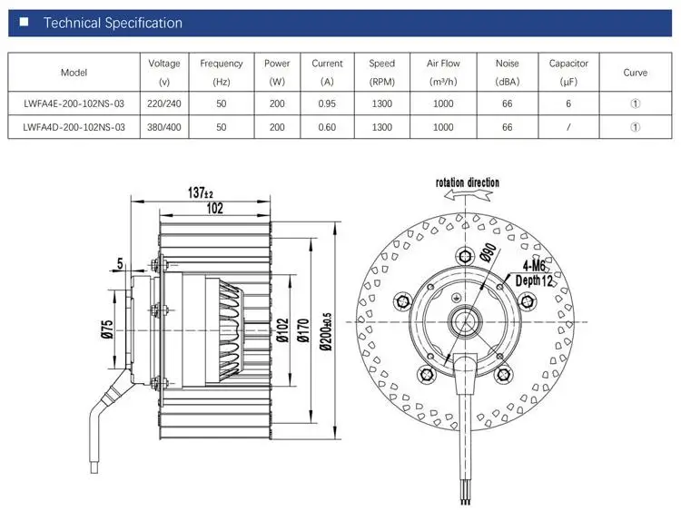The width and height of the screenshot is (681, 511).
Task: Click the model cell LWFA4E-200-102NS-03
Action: click(74, 103)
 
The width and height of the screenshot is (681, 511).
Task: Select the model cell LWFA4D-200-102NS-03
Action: click(74, 127)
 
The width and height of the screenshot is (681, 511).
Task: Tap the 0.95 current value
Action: click(327, 103)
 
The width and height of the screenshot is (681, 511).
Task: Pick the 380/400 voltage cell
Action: click(164, 127)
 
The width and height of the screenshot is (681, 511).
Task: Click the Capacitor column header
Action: click(568, 72)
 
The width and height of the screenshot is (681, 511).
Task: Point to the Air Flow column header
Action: click(443, 72)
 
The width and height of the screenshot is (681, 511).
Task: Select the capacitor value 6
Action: click(568, 103)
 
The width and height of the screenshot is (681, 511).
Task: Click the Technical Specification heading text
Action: click(113, 23)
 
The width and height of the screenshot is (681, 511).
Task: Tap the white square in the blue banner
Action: click(25, 22)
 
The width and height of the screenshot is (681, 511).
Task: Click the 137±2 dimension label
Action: click(201, 192)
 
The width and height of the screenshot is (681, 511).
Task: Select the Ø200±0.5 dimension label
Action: click(325, 331)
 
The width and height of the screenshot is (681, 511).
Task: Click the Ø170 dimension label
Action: click(303, 330)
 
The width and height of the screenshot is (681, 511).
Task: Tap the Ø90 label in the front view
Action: click(489, 252)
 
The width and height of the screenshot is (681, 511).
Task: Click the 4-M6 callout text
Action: click(534, 265)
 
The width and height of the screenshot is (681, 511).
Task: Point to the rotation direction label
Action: click(468, 182)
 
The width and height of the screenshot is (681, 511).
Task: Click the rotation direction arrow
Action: click(468, 195)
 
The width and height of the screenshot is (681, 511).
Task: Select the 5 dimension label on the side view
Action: click(120, 263)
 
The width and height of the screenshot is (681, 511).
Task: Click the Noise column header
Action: click(508, 72)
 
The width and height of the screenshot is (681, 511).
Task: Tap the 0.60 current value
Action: click(327, 127)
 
